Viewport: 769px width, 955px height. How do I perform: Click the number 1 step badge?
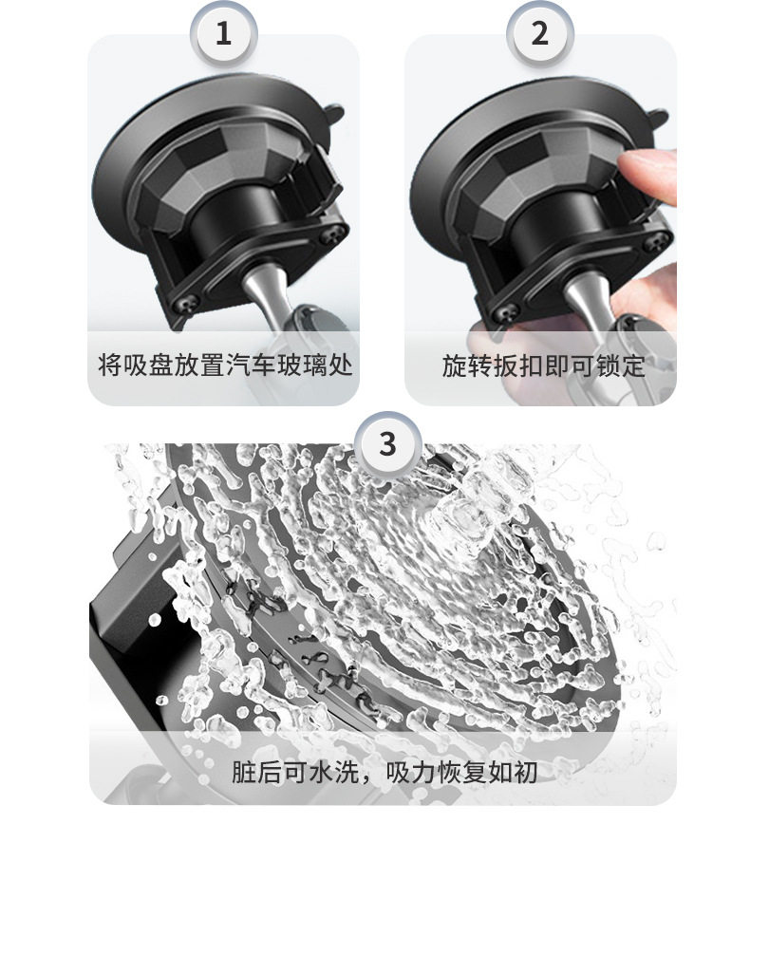tap(223, 33)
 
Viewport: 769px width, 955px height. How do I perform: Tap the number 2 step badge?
tap(540, 33)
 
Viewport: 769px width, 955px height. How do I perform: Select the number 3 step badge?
tap(388, 444)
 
